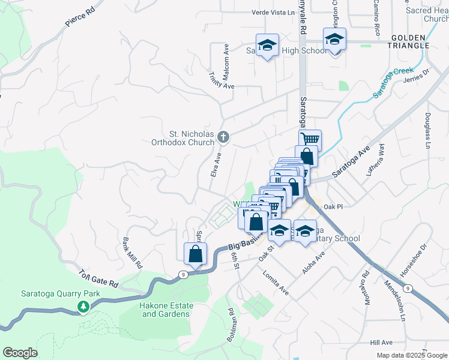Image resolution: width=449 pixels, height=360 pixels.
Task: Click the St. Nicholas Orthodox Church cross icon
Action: pyautogui.click(x=223, y=137)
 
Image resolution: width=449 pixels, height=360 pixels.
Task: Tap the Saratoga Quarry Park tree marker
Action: pyautogui.click(x=83, y=307)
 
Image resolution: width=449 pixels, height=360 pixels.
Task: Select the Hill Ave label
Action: pyautogui.click(x=381, y=342)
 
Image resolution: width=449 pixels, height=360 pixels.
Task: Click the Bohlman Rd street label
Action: pyautogui.click(x=231, y=325)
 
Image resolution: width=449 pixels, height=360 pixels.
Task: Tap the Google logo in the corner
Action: pyautogui.click(x=20, y=353)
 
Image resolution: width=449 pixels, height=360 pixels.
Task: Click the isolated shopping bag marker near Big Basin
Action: pyautogui.click(x=196, y=254)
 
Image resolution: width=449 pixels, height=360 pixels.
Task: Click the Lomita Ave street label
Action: pyautogui.click(x=276, y=283)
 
